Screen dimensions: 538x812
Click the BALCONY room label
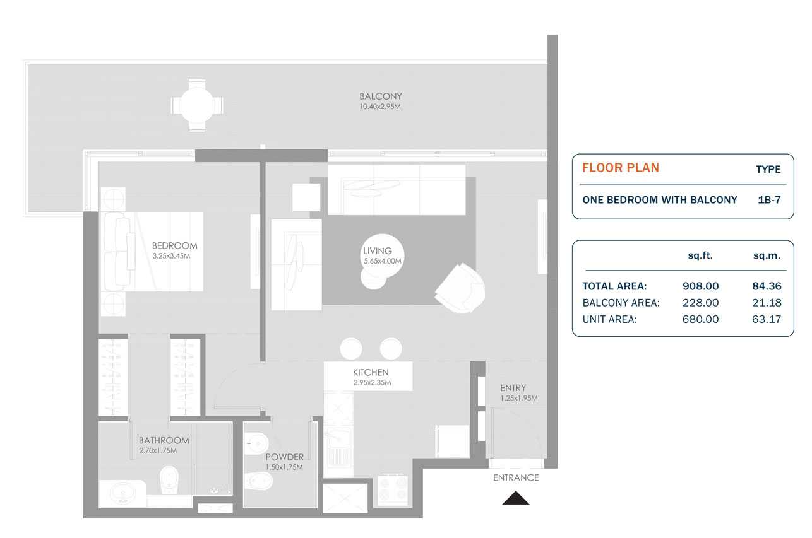tap(380, 96)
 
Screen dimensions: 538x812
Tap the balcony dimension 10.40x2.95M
tap(380, 107)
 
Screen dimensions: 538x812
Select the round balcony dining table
tap(196, 105)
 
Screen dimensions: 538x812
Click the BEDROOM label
tap(174, 246)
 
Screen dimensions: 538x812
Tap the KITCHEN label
tap(371, 373)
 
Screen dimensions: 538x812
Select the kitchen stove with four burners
tap(392, 489)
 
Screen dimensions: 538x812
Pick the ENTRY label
tap(513, 388)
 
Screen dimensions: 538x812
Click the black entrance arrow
tap(516, 498)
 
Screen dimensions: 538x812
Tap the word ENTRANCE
tap(516, 477)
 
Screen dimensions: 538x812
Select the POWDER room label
tap(284, 457)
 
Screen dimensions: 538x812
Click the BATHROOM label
tap(164, 441)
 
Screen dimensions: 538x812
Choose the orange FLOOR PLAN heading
tap(620, 168)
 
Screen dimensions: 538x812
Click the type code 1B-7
tap(769, 200)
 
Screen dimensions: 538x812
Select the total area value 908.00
tap(700, 286)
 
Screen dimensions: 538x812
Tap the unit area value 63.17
tap(767, 319)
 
